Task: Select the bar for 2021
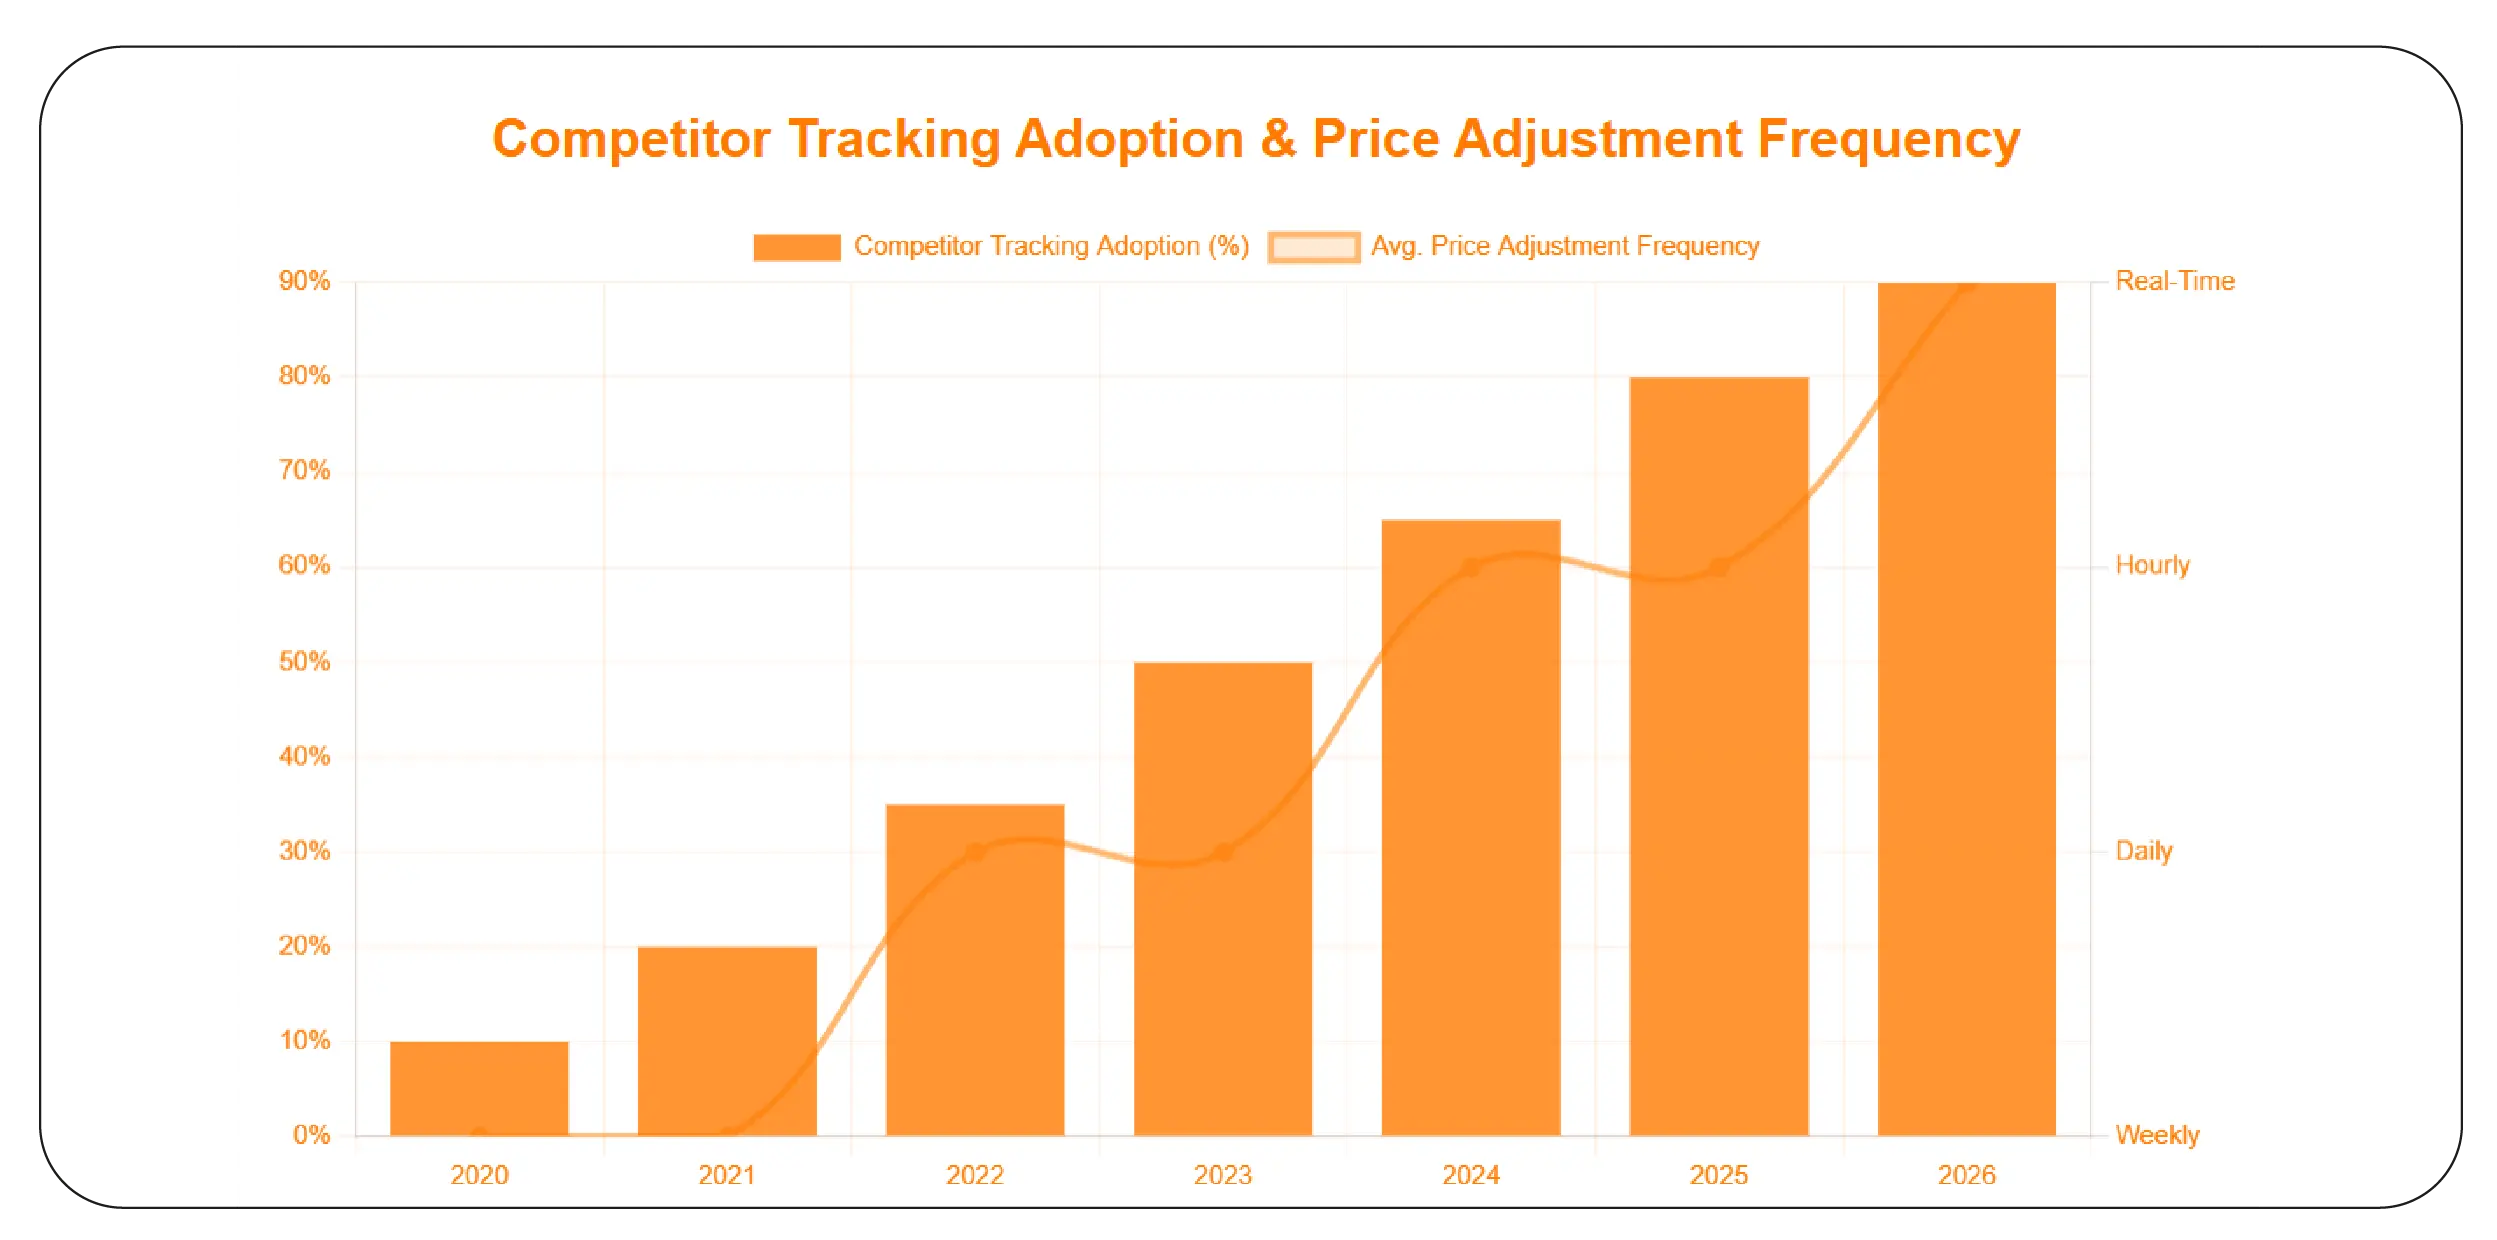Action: [727, 1040]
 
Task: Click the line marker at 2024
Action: [1471, 568]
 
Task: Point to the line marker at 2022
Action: [976, 852]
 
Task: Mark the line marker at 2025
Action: [1719, 567]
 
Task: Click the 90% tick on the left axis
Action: [304, 281]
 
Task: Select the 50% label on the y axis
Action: [304, 661]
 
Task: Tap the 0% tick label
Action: [311, 1135]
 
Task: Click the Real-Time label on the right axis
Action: [2174, 281]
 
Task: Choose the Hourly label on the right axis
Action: [2152, 565]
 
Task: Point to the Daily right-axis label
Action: [2143, 851]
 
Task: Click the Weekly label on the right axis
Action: [2157, 1135]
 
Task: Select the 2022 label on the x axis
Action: [974, 1175]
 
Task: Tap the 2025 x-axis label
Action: [1718, 1175]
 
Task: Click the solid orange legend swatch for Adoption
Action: [796, 247]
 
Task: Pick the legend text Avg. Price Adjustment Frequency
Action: [1564, 246]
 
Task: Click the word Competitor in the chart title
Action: [631, 139]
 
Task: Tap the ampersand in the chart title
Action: [1277, 139]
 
